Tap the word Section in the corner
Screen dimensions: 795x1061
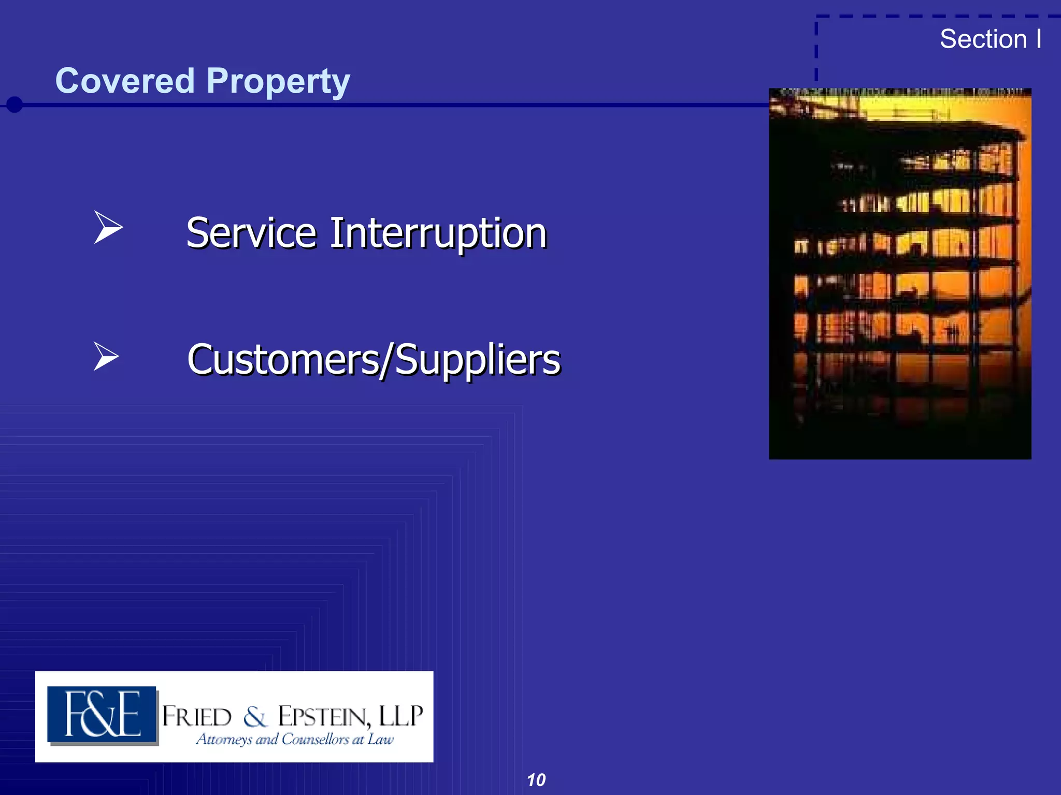click(x=983, y=39)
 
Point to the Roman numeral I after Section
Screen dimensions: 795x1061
click(x=1039, y=39)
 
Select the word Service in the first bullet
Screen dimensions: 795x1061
click(x=251, y=233)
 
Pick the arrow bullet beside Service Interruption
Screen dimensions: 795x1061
click(x=108, y=227)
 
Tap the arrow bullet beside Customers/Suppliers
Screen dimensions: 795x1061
click(x=106, y=357)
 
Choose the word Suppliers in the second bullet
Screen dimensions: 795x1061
click(x=478, y=360)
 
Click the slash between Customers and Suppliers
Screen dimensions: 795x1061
click(x=388, y=360)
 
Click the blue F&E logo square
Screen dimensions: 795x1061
click(x=102, y=715)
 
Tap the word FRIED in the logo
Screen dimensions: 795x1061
click(x=197, y=717)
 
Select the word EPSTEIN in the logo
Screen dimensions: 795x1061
click(x=324, y=717)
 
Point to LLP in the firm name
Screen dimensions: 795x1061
click(x=401, y=716)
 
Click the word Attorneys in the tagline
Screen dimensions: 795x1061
click(x=224, y=739)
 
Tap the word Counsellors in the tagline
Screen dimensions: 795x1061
click(x=315, y=739)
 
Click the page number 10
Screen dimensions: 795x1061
click(x=536, y=780)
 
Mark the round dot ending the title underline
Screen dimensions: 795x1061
click(x=15, y=105)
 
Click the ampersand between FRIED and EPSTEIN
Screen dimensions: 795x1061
click(x=255, y=717)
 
